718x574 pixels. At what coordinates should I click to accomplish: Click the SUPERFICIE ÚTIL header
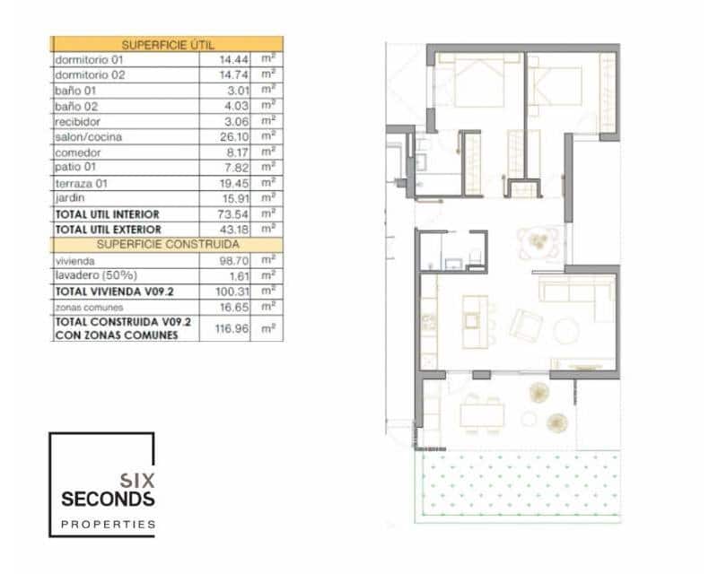167,43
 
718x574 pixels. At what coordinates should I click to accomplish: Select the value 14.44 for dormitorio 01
232,59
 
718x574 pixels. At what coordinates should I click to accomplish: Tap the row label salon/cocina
88,137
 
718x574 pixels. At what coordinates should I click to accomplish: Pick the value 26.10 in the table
232,137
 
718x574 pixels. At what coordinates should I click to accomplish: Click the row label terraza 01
82,183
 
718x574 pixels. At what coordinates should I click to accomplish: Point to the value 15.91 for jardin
232,198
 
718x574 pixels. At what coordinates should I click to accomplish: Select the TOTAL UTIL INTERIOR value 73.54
232,214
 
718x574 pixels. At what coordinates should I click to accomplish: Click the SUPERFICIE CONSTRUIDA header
167,244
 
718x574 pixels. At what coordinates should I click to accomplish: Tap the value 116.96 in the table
231,328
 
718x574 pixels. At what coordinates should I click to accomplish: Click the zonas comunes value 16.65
232,307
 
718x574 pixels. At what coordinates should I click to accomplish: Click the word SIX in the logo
136,479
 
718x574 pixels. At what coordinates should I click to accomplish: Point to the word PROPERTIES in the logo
108,524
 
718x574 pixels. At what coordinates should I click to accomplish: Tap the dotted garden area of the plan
521,484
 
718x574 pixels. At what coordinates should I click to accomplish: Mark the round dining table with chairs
538,242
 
